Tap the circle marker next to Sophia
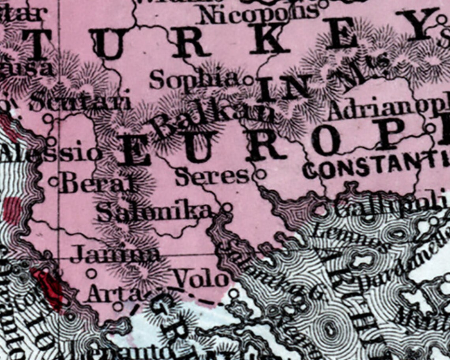tap(248, 81)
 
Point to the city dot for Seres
tap(260, 174)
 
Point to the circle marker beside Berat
tap(54, 182)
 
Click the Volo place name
tap(202, 279)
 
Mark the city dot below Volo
tap(234, 293)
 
